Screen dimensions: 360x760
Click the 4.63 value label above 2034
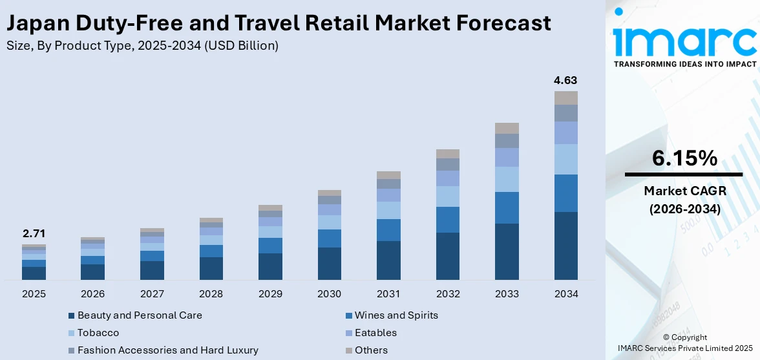(565, 81)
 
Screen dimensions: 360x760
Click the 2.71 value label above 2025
(34, 233)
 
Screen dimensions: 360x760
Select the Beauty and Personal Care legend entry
(140, 315)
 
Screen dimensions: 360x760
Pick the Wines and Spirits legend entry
(396, 315)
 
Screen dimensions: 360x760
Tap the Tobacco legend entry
(98, 333)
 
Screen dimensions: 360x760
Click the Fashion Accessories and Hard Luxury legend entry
(167, 350)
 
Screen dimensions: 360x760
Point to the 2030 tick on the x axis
(329, 293)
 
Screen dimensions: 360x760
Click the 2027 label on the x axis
(152, 293)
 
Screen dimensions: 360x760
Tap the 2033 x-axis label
(507, 293)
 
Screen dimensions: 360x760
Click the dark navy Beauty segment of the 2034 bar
(565, 246)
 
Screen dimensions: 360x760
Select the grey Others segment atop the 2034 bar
(565, 98)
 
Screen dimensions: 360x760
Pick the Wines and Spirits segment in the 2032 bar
(447, 220)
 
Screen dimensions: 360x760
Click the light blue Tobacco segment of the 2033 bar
(507, 179)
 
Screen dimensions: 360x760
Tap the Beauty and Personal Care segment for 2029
(270, 266)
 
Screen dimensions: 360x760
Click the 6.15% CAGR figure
(684, 158)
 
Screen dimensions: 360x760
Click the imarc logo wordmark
(684, 40)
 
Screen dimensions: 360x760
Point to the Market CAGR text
(684, 191)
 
